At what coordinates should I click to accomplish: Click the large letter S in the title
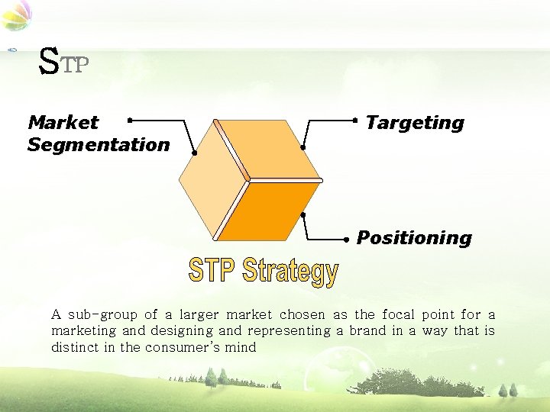tap(49, 62)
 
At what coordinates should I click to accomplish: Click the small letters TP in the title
tap(76, 66)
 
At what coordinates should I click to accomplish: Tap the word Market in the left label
tap(63, 122)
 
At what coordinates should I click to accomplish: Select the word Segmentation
tap(99, 144)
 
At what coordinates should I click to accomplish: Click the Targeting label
tap(415, 122)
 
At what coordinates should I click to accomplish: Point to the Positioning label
tap(414, 237)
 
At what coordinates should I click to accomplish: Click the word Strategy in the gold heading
tap(290, 272)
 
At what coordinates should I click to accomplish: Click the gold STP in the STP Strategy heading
tap(213, 270)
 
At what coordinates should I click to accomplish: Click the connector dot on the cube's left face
tap(194, 153)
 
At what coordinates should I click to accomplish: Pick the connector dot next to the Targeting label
tap(355, 120)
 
